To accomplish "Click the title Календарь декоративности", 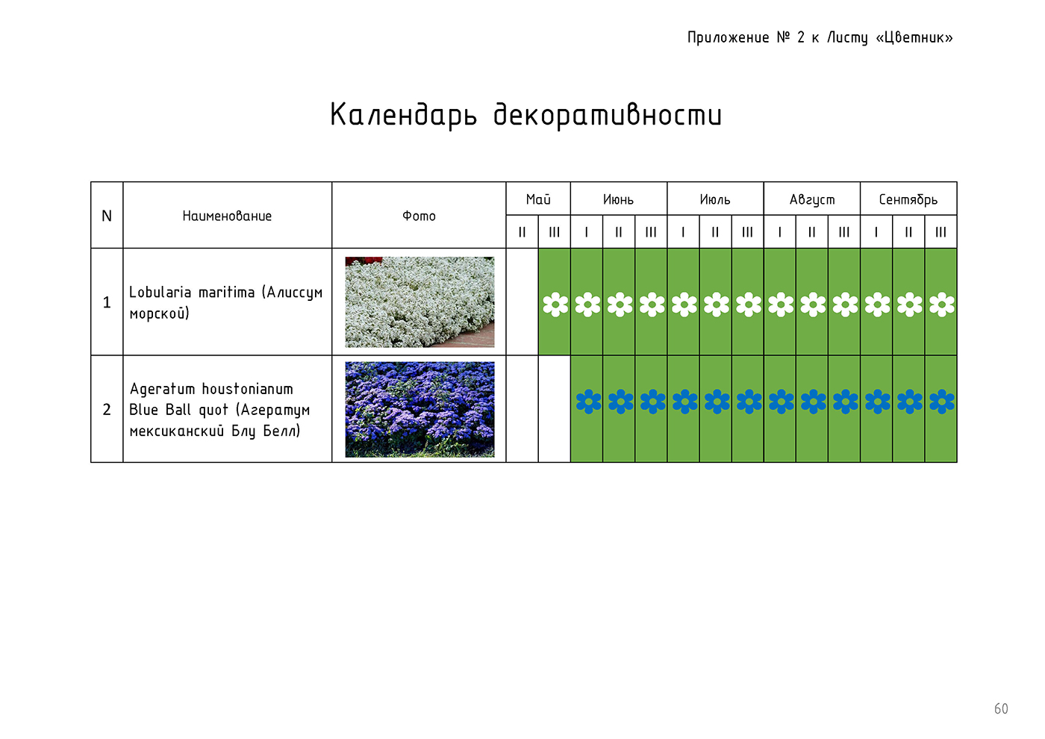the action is click(525, 115).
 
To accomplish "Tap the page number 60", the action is click(1001, 708).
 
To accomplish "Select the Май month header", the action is click(538, 200).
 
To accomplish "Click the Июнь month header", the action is click(618, 200).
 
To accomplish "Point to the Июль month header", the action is click(715, 200).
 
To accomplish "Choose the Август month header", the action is click(812, 200).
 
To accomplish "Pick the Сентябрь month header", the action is click(908, 200).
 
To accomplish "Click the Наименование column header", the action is click(227, 216).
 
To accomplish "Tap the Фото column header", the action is click(419, 216).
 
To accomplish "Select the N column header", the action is click(106, 216).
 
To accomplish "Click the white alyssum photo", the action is click(419, 302).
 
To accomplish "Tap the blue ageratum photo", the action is click(419, 409).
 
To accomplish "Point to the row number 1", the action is click(106, 302).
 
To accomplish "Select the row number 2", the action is click(106, 409).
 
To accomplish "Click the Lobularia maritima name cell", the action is click(225, 302).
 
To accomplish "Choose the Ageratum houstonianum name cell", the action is click(219, 410).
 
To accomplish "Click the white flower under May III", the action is click(555, 305).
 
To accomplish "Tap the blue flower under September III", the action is click(941, 402).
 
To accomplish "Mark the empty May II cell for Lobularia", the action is click(522, 302).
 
